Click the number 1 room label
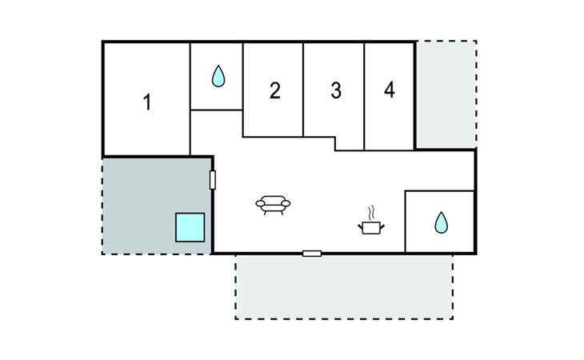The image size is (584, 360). (147, 102)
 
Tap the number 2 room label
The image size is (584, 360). (274, 90)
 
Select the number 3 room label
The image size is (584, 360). (336, 90)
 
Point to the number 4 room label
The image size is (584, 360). (389, 90)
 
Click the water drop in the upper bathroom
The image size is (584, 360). (218, 77)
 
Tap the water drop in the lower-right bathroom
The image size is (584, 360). (440, 222)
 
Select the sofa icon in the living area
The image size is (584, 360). (273, 206)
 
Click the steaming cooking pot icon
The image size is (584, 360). (370, 226)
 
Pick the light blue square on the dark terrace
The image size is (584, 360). (190, 227)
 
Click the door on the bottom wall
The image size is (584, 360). (312, 254)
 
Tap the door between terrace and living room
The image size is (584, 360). (213, 179)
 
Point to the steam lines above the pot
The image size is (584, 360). (370, 213)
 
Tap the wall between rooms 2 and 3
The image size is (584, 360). (304, 88)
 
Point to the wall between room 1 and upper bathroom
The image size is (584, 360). (190, 96)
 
